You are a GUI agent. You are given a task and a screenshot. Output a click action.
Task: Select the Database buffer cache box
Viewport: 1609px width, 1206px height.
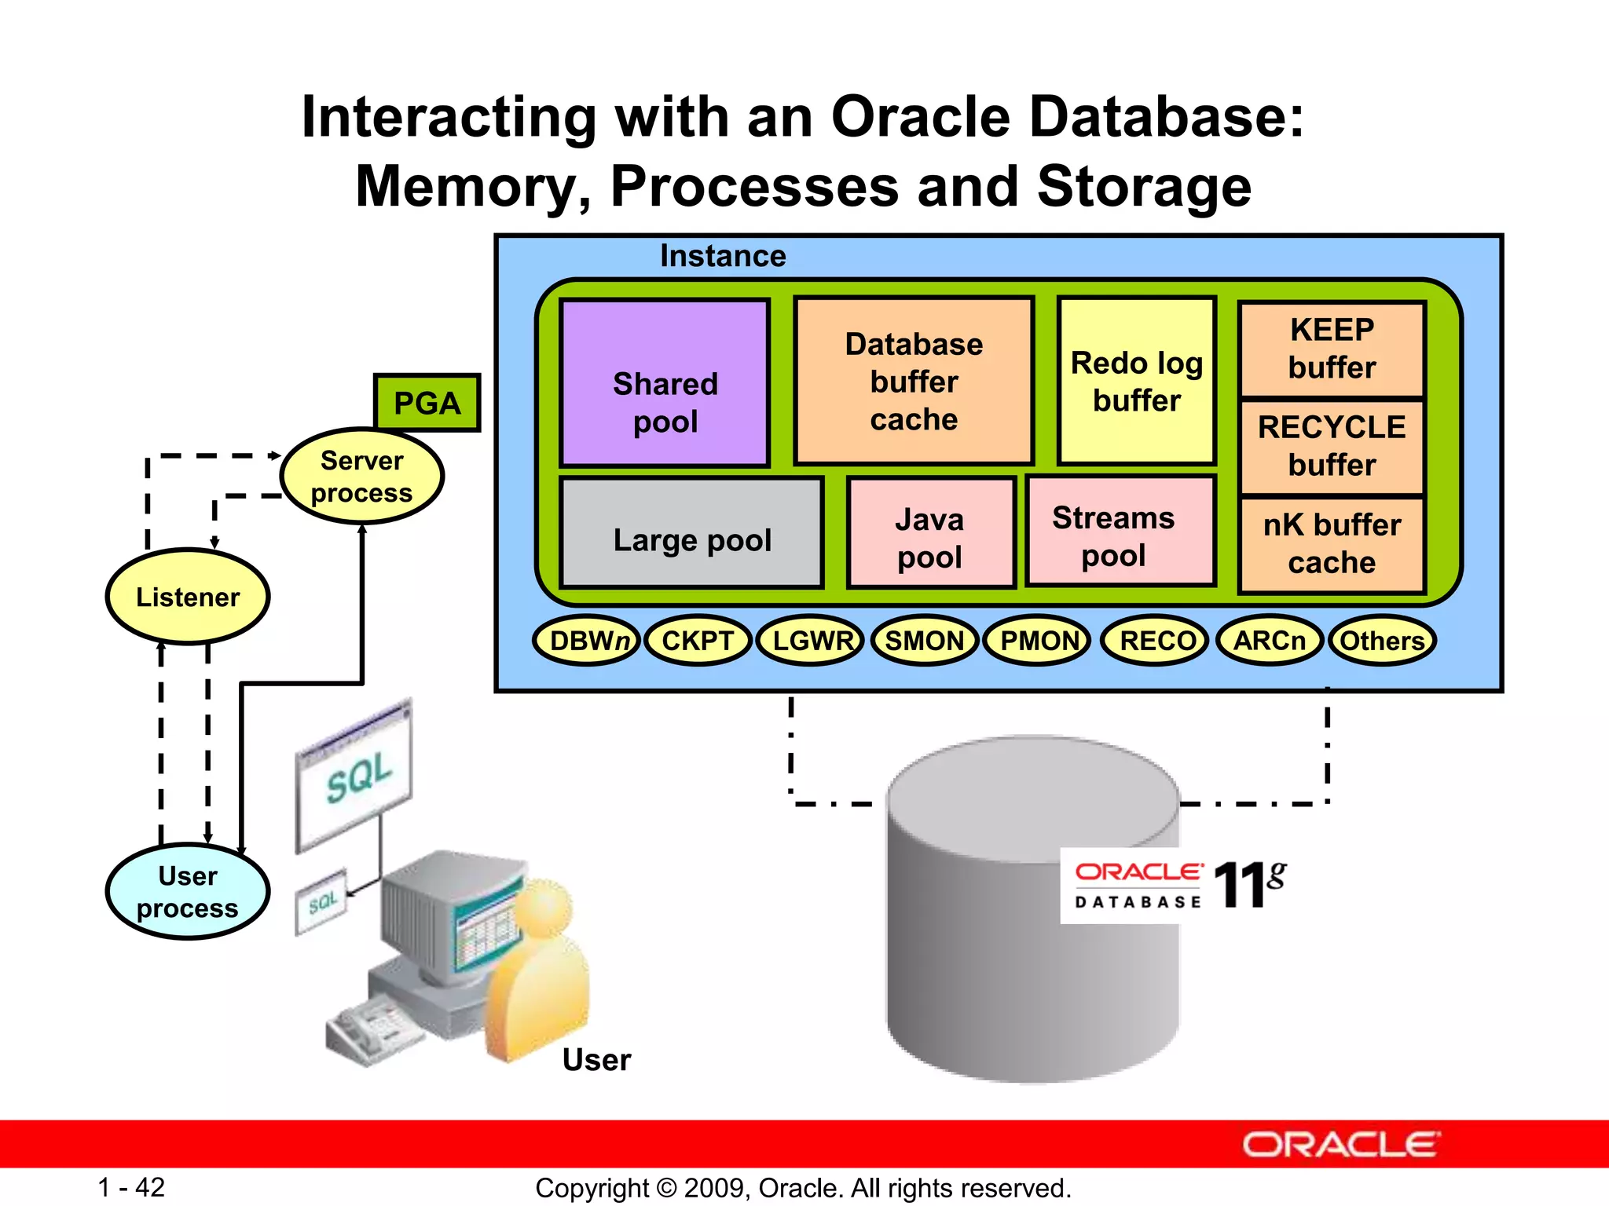pyautogui.click(x=913, y=381)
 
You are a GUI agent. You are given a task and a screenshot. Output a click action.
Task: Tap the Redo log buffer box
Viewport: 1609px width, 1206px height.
pyautogui.click(x=1137, y=381)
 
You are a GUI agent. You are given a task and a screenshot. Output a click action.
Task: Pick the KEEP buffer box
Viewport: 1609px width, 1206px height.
pyautogui.click(x=1332, y=349)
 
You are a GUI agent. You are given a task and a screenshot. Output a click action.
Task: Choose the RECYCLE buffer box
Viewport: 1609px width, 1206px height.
pyautogui.click(x=1332, y=447)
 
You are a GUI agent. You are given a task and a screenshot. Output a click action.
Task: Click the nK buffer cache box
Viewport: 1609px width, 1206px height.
pyautogui.click(x=1332, y=544)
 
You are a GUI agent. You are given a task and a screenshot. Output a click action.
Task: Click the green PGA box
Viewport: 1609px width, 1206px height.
pyautogui.click(x=427, y=403)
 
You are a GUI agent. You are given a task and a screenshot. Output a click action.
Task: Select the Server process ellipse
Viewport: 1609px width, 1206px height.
pyautogui.click(x=362, y=476)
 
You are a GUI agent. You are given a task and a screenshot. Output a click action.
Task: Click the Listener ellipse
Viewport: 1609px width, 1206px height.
pyautogui.click(x=188, y=597)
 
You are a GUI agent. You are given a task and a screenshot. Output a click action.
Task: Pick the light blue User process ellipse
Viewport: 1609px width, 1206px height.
pyautogui.click(x=188, y=891)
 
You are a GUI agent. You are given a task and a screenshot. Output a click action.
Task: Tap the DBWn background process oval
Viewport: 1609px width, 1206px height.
pyautogui.click(x=587, y=641)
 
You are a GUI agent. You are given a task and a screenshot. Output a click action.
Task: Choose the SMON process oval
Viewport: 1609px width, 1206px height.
pyautogui.click(x=925, y=641)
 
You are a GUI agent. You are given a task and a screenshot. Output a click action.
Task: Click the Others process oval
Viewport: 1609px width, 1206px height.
pyautogui.click(x=1382, y=641)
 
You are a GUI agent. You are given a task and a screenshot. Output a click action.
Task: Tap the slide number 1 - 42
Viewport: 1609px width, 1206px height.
pyautogui.click(x=131, y=1187)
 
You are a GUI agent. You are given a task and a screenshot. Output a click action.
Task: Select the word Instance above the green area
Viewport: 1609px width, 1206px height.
pyautogui.click(x=722, y=256)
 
